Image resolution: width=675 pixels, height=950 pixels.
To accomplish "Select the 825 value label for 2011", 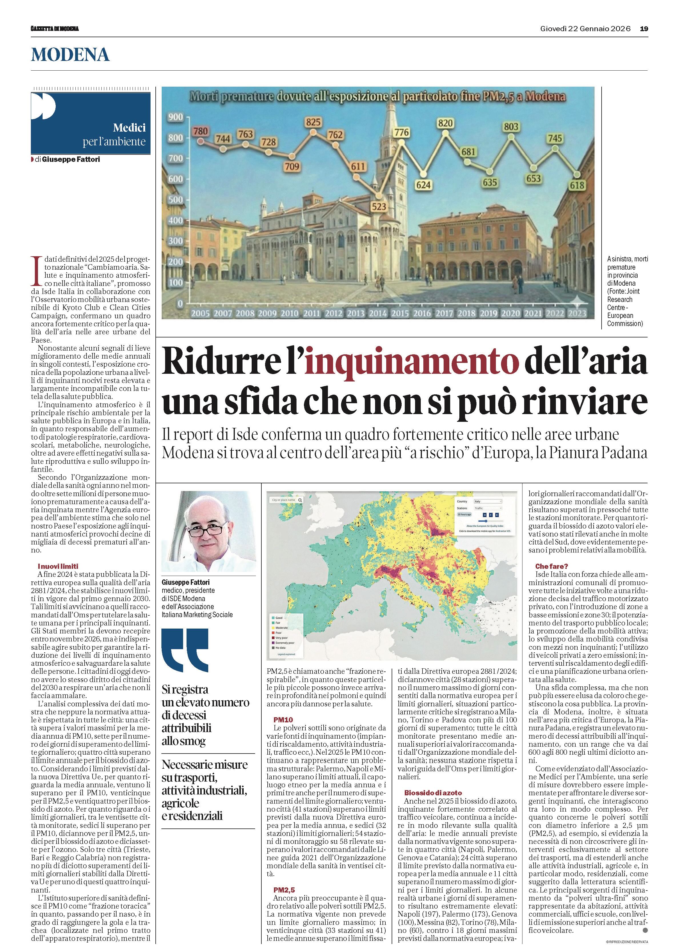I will [x=313, y=122].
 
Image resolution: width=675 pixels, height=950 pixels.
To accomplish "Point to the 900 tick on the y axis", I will [x=175, y=117].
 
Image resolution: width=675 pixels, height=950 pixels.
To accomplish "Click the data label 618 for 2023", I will [x=577, y=185].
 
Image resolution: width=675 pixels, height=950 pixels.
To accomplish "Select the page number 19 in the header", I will [x=644, y=29].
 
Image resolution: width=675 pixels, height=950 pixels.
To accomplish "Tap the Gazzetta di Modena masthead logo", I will [x=55, y=29].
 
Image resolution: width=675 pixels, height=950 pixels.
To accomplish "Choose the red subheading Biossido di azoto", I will [x=433, y=793].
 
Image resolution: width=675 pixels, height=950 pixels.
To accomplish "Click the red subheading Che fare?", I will [x=551, y=566].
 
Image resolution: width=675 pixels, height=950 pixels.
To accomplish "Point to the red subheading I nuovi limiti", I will [x=58, y=566].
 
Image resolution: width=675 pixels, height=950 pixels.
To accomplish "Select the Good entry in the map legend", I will [x=279, y=618].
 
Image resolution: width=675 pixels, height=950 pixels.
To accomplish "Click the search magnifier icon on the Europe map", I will [x=300, y=500].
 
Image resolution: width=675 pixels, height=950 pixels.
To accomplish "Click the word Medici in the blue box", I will [x=129, y=128].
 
